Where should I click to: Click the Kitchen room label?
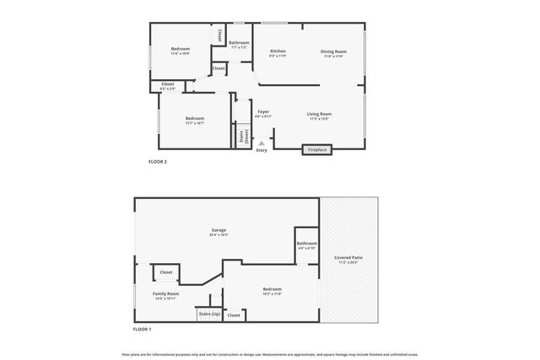tap(278, 52)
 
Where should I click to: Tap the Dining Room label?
tap(333, 52)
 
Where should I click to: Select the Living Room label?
tap(319, 115)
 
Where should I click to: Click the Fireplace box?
tap(317, 149)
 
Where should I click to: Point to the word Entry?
tap(262, 150)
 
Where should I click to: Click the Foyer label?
tap(263, 112)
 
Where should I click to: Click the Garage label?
tap(219, 230)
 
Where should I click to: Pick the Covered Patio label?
tap(348, 257)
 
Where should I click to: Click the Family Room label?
tap(165, 294)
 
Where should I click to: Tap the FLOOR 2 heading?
tap(158, 161)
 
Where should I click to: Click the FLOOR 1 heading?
tap(142, 329)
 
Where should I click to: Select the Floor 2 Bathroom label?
tap(239, 43)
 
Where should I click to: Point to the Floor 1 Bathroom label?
tap(306, 244)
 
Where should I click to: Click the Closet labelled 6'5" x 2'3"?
tap(168, 84)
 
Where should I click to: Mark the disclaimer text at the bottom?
tap(270, 354)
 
